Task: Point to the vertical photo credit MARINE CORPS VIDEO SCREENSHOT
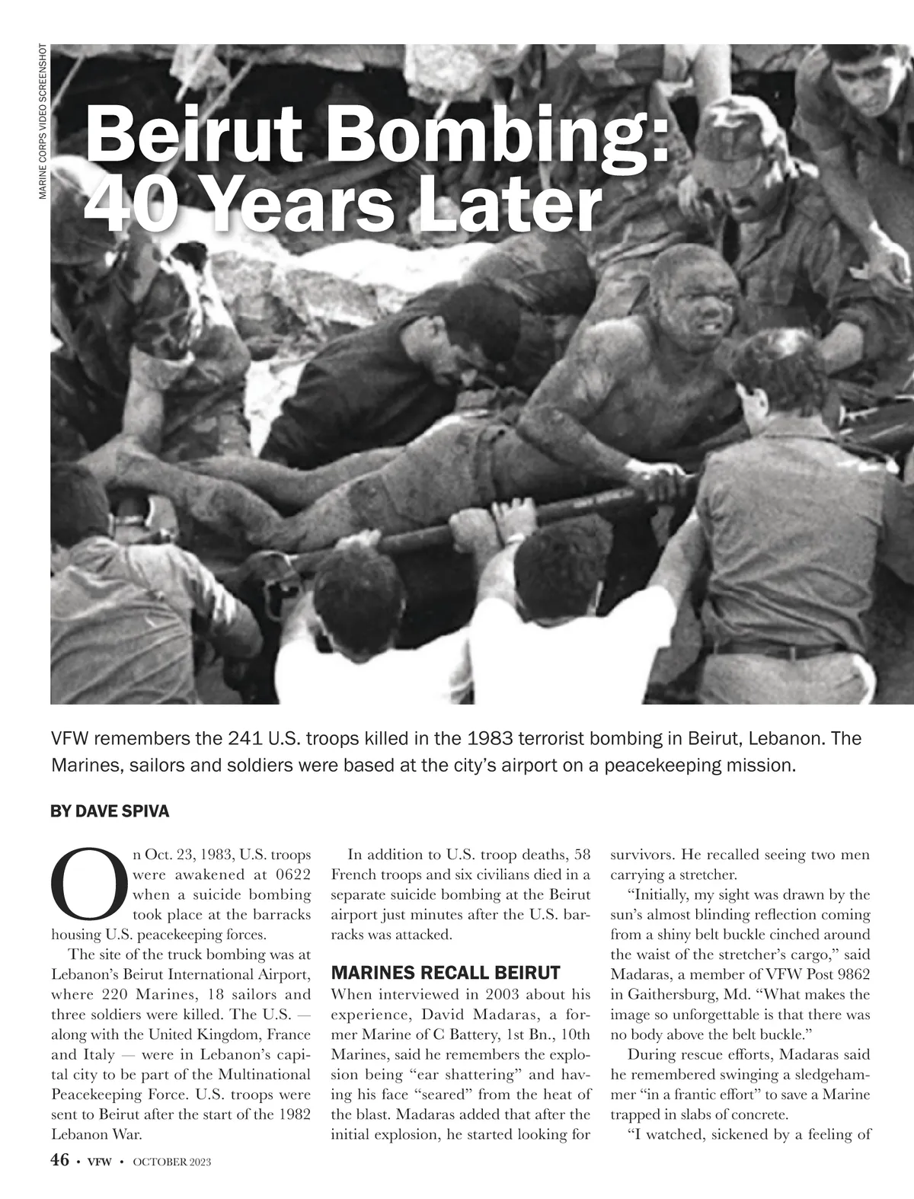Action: (43, 122)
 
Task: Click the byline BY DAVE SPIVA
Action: (110, 811)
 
